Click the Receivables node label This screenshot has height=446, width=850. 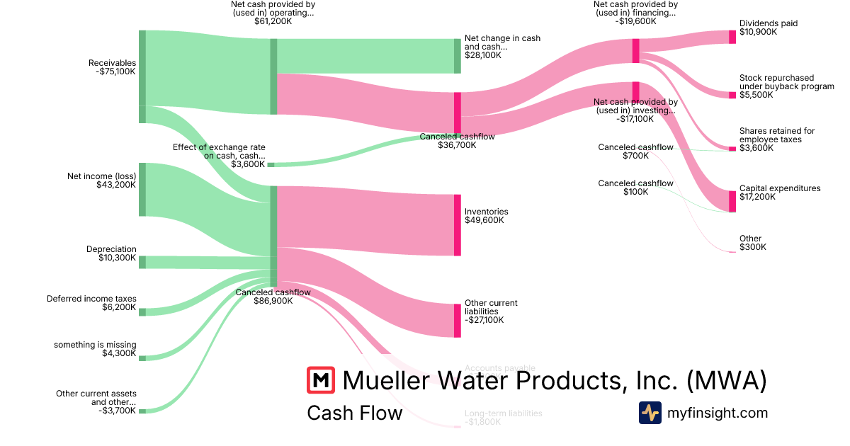pos(112,63)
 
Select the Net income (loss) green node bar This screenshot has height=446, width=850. pos(142,189)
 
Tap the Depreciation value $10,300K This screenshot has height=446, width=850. pos(118,258)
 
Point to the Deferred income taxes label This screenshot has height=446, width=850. pos(91,299)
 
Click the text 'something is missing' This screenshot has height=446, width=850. pos(95,345)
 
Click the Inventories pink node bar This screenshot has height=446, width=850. pos(458,225)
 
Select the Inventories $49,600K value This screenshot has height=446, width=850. pos(484,220)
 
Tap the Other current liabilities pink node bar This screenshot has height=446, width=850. pos(458,320)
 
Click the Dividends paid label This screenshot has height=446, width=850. pos(769,23)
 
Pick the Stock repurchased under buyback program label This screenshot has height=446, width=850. pos(776,82)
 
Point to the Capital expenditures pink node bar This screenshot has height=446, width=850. pos(732,201)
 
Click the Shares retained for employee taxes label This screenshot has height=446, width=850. pos(777,135)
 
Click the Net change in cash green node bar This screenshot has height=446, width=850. pos(458,56)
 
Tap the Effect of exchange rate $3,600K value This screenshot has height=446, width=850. pos(248,164)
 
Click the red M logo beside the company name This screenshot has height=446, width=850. pos(321,380)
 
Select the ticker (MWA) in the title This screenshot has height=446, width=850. pos(727,380)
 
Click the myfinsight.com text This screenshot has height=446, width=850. pos(717,413)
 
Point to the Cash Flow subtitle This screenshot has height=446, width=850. pos(354,413)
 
